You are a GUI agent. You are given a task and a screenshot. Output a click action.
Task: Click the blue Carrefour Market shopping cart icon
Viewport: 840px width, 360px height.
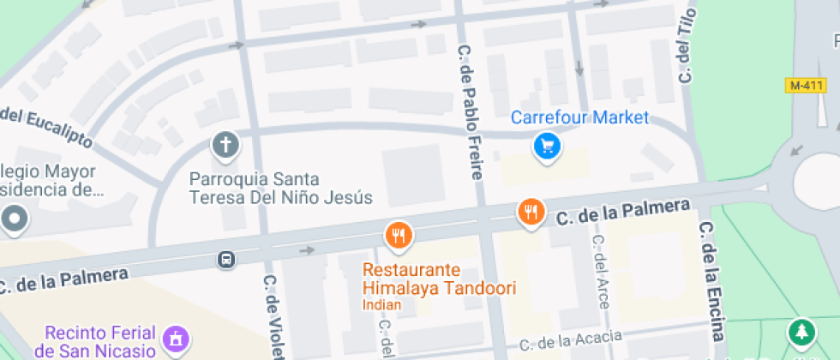(x=547, y=147)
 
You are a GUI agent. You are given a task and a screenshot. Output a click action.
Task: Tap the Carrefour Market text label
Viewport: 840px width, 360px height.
(x=580, y=117)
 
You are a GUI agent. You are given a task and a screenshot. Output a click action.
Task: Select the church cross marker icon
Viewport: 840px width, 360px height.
(x=226, y=147)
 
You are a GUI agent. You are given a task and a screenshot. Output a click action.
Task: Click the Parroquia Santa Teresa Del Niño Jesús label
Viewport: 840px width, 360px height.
(x=280, y=189)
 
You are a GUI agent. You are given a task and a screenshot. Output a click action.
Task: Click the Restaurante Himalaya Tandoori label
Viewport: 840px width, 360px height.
(x=439, y=279)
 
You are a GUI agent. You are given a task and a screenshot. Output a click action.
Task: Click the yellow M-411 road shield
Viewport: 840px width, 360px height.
(x=806, y=86)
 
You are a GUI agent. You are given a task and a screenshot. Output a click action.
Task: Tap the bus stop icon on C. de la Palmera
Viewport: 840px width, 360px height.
(x=226, y=259)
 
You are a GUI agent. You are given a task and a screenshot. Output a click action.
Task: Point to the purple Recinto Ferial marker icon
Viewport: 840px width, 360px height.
(x=176, y=339)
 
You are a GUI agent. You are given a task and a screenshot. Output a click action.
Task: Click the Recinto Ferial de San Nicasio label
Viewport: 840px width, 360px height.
(x=100, y=341)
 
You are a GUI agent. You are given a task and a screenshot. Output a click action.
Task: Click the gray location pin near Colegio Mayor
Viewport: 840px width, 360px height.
(x=15, y=219)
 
